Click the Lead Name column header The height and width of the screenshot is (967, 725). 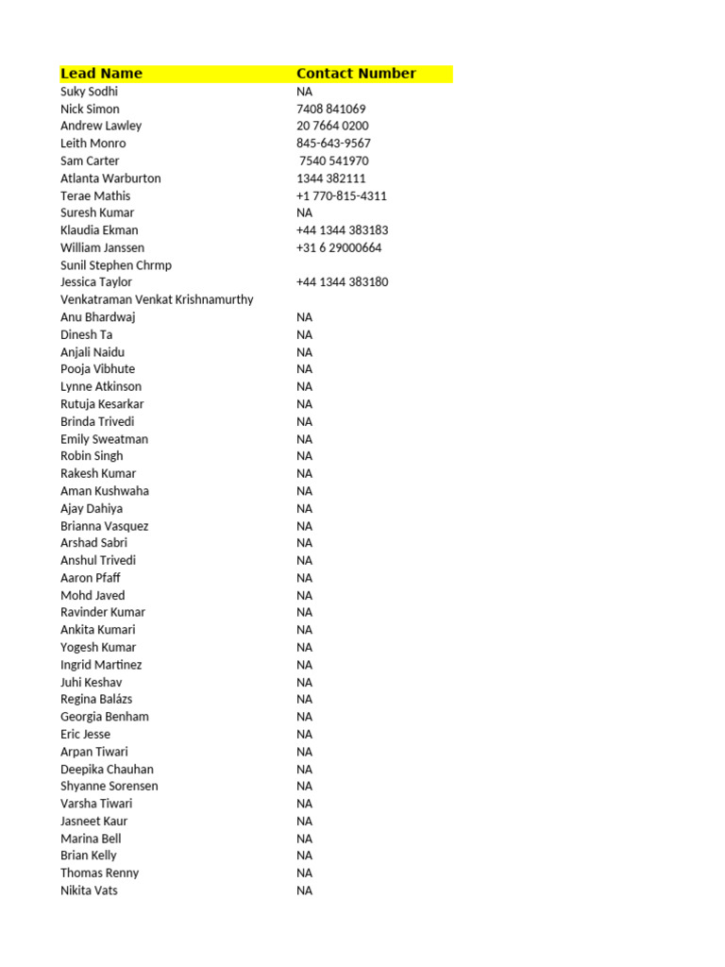coord(101,74)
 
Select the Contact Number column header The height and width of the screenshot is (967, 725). coord(356,74)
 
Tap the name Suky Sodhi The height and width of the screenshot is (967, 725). coord(90,92)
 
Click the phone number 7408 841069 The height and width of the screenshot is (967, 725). coord(331,110)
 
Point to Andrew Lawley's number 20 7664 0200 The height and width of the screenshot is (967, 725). coord(332,127)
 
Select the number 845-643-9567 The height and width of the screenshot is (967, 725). coord(333,144)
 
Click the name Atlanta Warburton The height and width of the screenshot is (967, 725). coord(110,178)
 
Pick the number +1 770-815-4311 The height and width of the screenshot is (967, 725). coord(342,196)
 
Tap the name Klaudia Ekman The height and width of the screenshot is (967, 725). coord(99,230)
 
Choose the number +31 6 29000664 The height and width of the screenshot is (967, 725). coord(339,248)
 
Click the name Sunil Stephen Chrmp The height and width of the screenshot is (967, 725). coord(116,265)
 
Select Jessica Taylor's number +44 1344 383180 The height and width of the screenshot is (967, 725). coord(342,282)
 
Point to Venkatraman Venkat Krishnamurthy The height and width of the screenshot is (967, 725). coord(157,299)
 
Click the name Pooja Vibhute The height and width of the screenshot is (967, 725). coord(97,369)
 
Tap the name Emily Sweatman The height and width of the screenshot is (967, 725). coord(104,439)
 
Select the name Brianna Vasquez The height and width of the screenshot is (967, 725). coord(104,526)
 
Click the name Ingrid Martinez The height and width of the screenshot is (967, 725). coord(101,665)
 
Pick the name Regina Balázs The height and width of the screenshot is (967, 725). coord(96,700)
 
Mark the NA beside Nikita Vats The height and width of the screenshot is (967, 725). coord(304,891)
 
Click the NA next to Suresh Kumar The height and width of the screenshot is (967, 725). coord(304,213)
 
